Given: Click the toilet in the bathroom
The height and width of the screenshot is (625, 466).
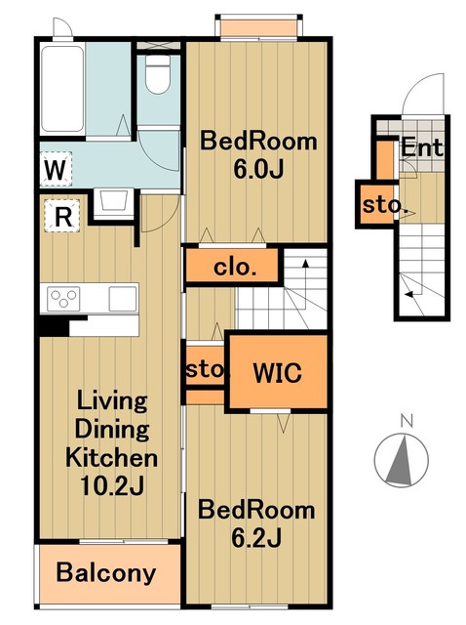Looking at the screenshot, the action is [x=158, y=74].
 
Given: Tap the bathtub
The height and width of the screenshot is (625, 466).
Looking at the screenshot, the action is [x=62, y=89].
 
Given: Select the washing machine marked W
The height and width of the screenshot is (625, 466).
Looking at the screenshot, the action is [x=56, y=170].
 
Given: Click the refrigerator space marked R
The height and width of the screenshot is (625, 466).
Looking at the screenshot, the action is [x=62, y=217].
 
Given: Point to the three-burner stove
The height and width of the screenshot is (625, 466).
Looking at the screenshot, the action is [x=63, y=299].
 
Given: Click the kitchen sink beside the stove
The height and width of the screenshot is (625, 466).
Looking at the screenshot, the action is [x=123, y=299].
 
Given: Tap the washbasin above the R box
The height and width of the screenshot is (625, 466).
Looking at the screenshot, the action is [x=114, y=202].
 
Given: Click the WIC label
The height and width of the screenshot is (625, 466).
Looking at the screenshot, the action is [x=277, y=373].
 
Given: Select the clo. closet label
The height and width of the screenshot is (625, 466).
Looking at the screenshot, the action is [x=235, y=267].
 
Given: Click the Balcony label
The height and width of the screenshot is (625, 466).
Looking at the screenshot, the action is [x=106, y=573].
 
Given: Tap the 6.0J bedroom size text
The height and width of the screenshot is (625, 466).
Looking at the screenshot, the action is [x=258, y=169].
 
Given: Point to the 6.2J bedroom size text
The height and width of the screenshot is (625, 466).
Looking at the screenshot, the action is [x=256, y=537].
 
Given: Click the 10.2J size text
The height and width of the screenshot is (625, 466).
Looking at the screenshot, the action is [x=112, y=485].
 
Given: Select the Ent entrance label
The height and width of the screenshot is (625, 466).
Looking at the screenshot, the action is [x=421, y=147].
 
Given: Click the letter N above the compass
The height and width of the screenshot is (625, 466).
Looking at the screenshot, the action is [x=407, y=420].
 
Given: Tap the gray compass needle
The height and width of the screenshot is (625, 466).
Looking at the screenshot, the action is [x=401, y=459].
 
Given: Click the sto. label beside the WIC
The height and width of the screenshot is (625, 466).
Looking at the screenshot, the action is [x=207, y=370].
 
